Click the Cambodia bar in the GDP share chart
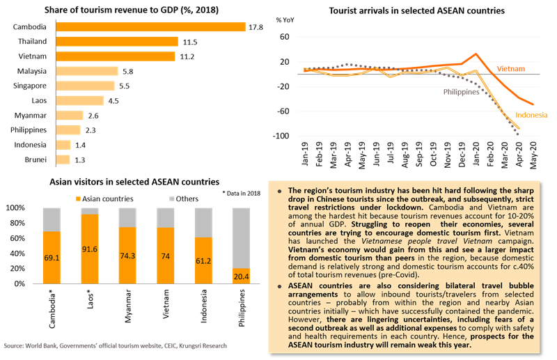tap(150, 26)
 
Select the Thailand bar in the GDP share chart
tap(116, 42)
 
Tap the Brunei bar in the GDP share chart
tap(63, 159)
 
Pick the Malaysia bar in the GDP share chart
tap(88, 71)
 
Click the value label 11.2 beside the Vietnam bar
tap(186, 56)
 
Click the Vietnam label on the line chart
tap(511, 69)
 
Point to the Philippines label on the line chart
tap(462, 91)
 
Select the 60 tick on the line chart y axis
tap(285, 37)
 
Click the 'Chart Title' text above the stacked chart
tap(135, 173)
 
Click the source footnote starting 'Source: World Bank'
tap(115, 345)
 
